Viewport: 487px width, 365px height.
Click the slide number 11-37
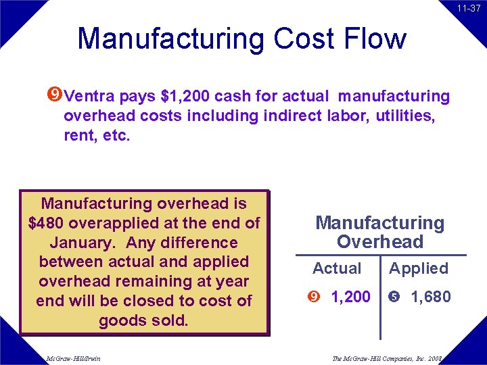[x=468, y=8]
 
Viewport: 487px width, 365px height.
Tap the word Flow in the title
[x=373, y=39]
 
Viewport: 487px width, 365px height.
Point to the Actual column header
[x=337, y=268]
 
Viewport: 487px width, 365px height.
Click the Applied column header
[x=419, y=268]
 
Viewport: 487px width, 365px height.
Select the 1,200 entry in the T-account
[x=350, y=297]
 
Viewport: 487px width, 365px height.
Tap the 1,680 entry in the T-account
[x=431, y=297]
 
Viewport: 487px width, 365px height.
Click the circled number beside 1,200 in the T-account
[x=313, y=297]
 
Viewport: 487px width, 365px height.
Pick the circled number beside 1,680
[x=394, y=297]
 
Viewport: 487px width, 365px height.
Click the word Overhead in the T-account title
[x=380, y=242]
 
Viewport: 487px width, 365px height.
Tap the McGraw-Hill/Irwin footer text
[x=72, y=358]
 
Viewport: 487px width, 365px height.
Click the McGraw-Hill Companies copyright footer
[x=387, y=358]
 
